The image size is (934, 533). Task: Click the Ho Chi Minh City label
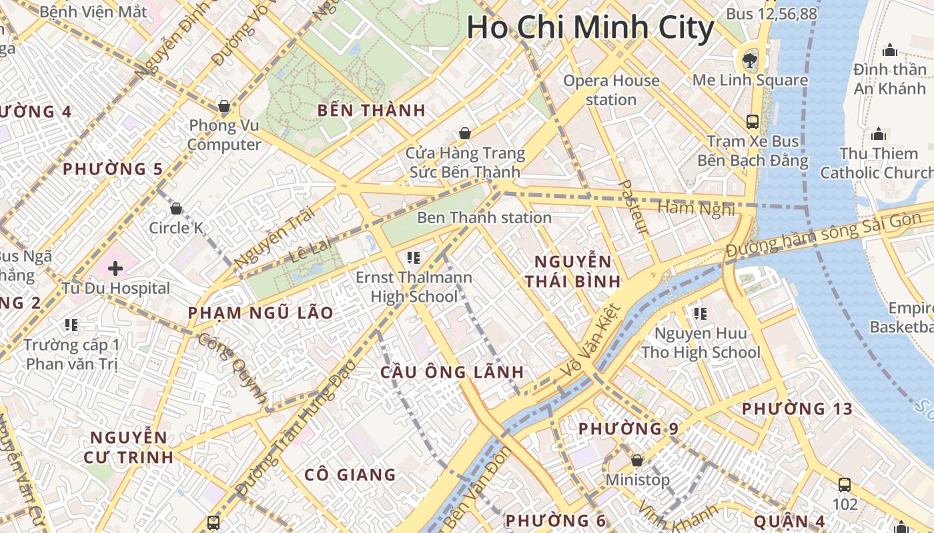coord(590,28)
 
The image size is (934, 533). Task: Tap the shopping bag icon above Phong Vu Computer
coord(224,106)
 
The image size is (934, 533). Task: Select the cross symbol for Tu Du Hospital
coord(115,268)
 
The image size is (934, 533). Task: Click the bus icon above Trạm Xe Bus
coord(753,121)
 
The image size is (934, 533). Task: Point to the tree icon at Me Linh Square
coord(750,60)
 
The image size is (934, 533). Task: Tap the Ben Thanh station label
coord(484,218)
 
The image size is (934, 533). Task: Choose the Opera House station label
coord(611,90)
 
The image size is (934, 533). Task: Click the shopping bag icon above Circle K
coord(176,209)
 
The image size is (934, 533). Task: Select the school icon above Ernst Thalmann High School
coord(413,257)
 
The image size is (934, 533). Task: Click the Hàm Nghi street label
coord(696,209)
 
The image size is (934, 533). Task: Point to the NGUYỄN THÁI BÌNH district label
coord(572,271)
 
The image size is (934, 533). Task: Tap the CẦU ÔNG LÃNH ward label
coord(452,372)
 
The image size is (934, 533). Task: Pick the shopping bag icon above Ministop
coord(637,460)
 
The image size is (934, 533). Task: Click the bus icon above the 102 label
coord(845,484)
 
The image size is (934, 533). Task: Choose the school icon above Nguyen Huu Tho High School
coord(700,313)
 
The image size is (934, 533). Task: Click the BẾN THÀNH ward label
coord(372,111)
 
